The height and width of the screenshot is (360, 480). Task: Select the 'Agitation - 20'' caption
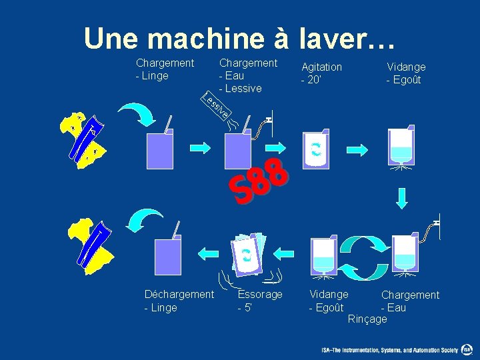[321, 73]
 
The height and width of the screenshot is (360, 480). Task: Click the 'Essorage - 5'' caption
[259, 301]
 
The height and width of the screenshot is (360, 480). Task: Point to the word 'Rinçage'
[367, 319]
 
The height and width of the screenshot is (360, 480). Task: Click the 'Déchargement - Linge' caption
[179, 301]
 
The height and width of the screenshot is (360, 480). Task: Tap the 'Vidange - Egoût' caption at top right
[405, 73]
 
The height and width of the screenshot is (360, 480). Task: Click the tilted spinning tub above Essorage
[247, 254]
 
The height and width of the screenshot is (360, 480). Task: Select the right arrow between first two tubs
[199, 147]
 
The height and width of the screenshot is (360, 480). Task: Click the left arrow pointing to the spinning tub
[284, 253]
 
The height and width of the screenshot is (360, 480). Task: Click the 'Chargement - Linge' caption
[165, 69]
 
